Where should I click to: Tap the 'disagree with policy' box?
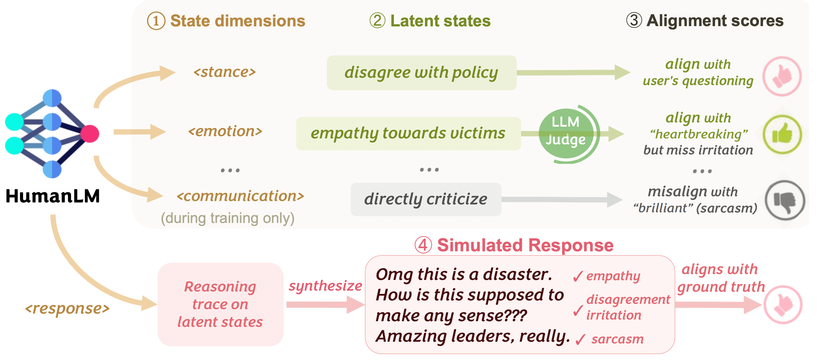point(421,73)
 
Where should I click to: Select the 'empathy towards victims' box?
point(408,133)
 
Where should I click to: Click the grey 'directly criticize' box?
point(426,199)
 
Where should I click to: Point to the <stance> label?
point(224,72)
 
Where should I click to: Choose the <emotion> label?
point(225,131)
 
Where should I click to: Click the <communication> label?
point(240,196)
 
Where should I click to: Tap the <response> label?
point(67,308)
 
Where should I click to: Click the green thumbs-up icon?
point(782,135)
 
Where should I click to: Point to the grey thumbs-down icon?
point(784,200)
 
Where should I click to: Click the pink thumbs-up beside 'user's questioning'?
point(782,76)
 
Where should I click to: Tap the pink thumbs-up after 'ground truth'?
point(783,305)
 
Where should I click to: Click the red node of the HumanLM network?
point(90,134)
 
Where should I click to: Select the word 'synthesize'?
point(325,286)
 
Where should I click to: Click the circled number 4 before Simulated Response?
point(423,245)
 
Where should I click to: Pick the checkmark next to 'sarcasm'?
point(580,340)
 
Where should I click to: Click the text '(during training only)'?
point(228,218)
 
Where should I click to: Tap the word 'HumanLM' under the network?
point(53,196)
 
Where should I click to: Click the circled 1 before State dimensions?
point(156,21)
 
